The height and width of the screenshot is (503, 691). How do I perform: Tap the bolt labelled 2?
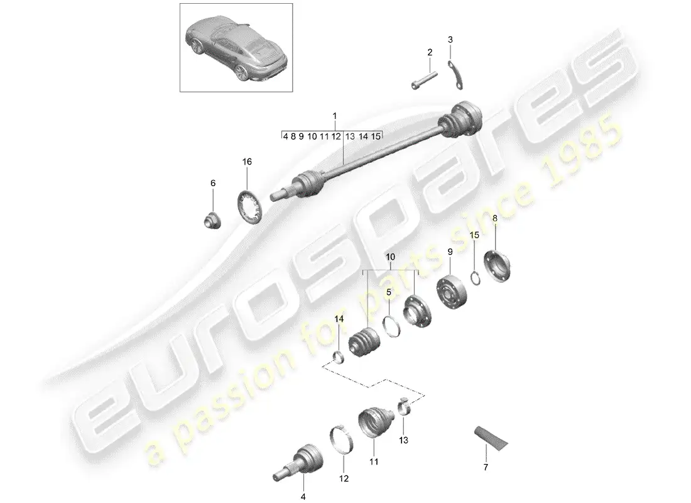pos(425,80)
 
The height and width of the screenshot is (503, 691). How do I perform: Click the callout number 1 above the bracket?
pos(334,116)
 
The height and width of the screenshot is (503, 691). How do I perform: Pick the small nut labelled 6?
pos(213,220)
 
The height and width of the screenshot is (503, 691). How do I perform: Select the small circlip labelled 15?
pos(476,279)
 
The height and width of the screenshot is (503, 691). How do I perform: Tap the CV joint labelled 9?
pos(451,292)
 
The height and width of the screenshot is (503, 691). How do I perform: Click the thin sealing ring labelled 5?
pos(391,326)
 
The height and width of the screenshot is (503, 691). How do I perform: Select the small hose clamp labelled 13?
pos(405,406)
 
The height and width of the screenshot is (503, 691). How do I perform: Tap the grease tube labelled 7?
pos(491,438)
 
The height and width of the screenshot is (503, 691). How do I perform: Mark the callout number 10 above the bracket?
pos(391,257)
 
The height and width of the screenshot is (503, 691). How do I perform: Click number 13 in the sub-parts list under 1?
pos(350,136)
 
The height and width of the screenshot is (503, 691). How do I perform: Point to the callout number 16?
pos(247,162)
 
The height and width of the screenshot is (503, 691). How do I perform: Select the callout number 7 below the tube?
pos(486,467)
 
